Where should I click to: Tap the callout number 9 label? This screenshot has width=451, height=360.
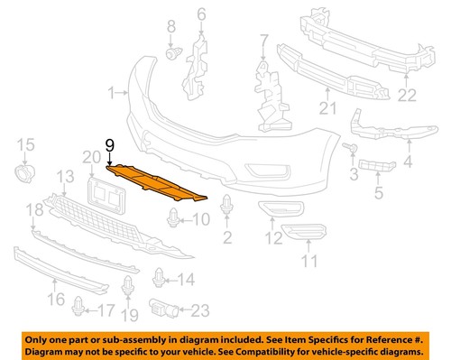(x=110, y=145)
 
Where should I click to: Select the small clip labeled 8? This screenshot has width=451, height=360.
(x=170, y=57)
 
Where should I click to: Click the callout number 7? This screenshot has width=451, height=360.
(x=263, y=40)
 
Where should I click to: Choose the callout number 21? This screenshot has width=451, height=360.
(x=328, y=109)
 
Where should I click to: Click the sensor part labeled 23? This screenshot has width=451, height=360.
(x=164, y=307)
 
